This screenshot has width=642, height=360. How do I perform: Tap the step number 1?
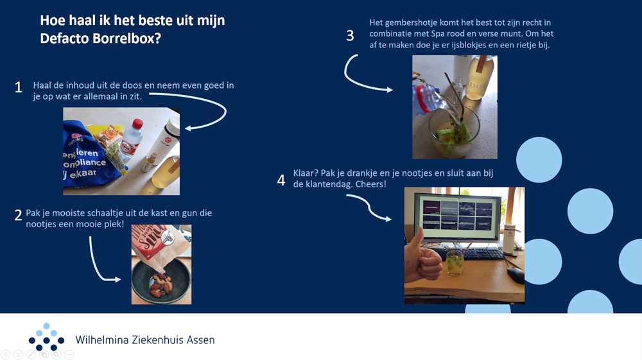(x=19, y=87)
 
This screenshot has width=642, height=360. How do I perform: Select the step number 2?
(x=18, y=215)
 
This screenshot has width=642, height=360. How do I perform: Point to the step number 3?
(x=350, y=35)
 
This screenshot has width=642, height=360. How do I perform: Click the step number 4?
(x=281, y=180)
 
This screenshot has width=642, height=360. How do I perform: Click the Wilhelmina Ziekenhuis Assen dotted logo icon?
(x=46, y=338)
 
